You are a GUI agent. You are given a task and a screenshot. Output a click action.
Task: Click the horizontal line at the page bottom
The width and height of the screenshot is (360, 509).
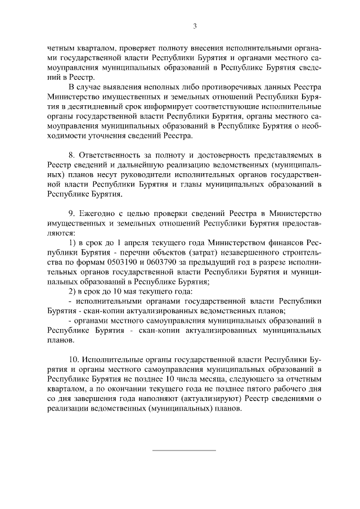(184, 450)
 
